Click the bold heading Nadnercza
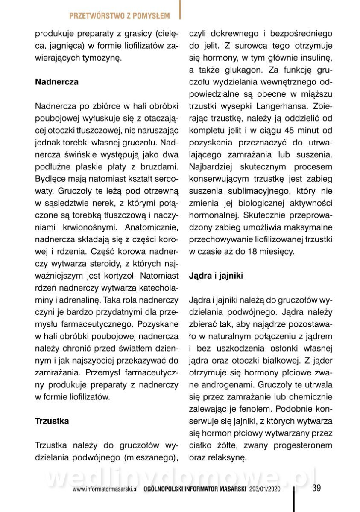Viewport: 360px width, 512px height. coord(56,82)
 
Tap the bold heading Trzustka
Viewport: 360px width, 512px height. coord(52,421)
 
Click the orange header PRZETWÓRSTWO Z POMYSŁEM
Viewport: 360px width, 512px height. coord(119,16)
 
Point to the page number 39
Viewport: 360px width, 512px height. coord(316,488)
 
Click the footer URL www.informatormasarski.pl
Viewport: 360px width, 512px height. coord(104,490)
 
